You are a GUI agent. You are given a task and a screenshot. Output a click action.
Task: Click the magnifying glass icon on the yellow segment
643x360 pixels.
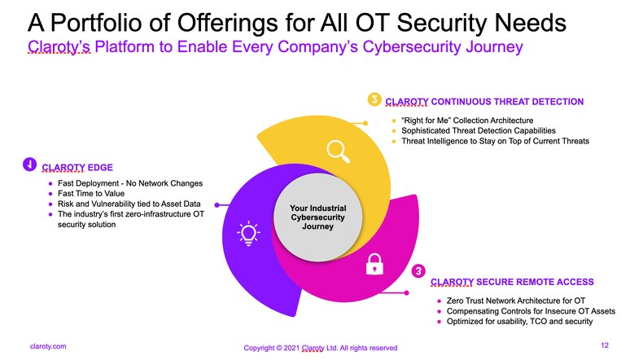pos(338,151)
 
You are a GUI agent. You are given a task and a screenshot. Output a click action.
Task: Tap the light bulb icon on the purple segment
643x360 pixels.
pos(248,233)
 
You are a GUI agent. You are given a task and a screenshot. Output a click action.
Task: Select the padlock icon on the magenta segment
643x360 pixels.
pos(374,264)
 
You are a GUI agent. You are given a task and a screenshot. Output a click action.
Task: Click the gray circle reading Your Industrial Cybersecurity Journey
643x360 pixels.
pos(317,217)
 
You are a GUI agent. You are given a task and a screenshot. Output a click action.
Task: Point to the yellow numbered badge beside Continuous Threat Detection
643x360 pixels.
pos(374,99)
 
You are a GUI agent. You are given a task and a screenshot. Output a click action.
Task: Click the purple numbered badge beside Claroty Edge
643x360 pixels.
pos(29,165)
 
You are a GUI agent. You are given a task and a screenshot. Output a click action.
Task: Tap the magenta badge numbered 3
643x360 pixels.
pos(418,271)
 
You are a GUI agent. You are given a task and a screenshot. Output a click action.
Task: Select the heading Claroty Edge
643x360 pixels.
pos(77,168)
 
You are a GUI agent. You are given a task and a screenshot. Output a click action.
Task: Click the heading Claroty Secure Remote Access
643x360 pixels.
pos(512,282)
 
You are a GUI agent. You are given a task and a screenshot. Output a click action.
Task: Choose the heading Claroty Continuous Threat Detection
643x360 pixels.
pos(484,102)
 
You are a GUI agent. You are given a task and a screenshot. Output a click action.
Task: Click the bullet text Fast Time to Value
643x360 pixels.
pos(91,193)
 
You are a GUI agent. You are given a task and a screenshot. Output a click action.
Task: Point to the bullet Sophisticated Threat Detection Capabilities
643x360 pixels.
pos(479,130)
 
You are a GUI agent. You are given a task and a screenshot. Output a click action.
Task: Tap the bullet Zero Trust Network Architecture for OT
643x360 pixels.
pos(516,301)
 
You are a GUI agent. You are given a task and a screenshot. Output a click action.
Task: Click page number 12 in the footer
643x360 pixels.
pos(605,345)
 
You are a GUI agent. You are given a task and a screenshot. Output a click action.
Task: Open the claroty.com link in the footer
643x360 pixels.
pos(48,346)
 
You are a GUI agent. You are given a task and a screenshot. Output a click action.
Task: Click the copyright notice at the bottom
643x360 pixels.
pos(320,348)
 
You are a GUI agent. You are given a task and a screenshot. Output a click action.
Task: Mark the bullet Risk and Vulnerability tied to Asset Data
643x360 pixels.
pos(129,204)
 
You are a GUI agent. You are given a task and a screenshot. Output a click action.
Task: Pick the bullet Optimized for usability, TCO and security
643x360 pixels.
pos(519,322)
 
